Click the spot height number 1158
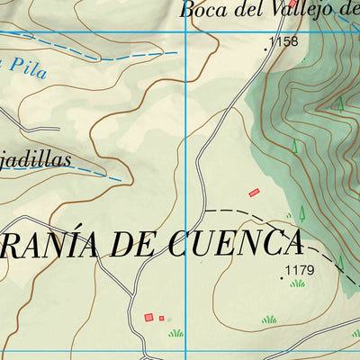pyautogui.click(x=283, y=41)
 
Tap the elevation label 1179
pyautogui.click(x=299, y=270)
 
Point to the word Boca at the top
pyautogui.click(x=200, y=11)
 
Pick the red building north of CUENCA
pyautogui.click(x=254, y=192)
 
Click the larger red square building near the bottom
pyautogui.click(x=148, y=317)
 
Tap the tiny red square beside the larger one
pyautogui.click(x=162, y=318)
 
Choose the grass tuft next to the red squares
pyautogui.click(x=175, y=333)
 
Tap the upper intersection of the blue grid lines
pyautogui.click(x=186, y=33)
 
